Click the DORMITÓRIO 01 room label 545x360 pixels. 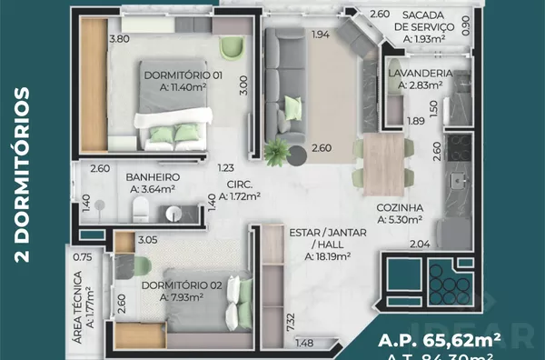pos(183,75)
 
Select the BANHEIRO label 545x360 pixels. pos(152,176)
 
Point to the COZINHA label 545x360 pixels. pos(400,207)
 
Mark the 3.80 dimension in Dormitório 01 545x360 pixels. pos(118,39)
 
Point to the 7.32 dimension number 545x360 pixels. pos(289,323)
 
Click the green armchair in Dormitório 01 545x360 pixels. pos(234,47)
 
